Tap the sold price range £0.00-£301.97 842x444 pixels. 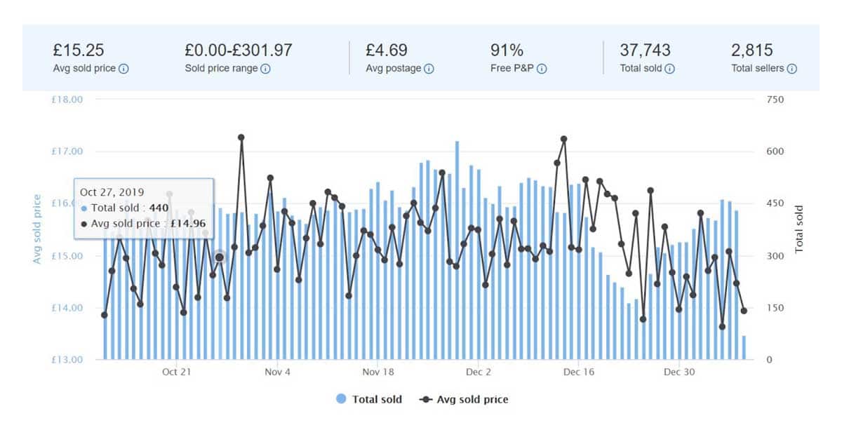(239, 51)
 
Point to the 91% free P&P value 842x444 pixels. (507, 51)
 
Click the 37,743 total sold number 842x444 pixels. (645, 51)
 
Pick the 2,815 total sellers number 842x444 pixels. (752, 51)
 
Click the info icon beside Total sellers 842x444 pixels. (791, 69)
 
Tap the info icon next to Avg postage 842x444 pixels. (429, 69)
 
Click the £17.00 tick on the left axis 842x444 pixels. (68, 152)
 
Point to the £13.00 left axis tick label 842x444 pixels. (68, 360)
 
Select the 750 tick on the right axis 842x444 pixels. (775, 100)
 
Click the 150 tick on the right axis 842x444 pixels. (775, 308)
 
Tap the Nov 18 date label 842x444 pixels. (378, 372)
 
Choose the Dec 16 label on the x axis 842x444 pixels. (579, 372)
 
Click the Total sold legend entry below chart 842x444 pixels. (369, 399)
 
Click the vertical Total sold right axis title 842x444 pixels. (799, 229)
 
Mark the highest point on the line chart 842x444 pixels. (241, 137)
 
